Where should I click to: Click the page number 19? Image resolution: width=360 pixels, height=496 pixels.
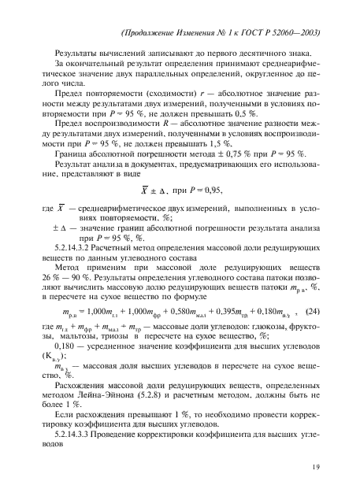click(314, 470)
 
